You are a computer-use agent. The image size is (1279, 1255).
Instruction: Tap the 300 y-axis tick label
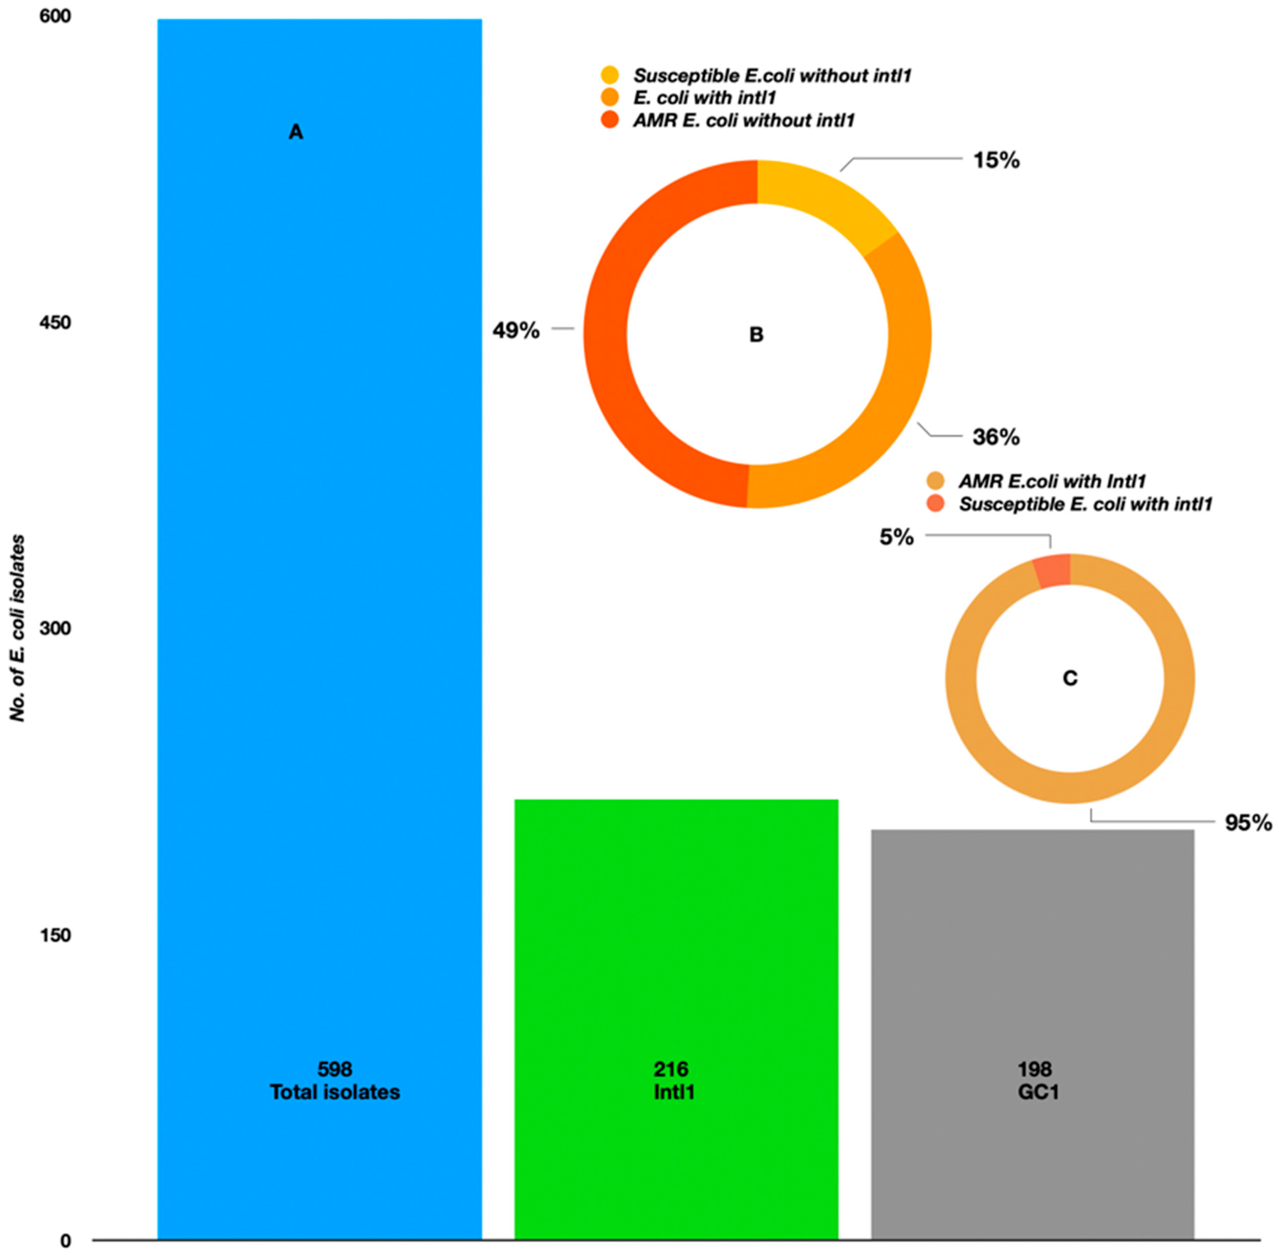pyautogui.click(x=55, y=628)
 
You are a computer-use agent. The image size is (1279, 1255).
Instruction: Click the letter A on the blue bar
pyautogui.click(x=296, y=132)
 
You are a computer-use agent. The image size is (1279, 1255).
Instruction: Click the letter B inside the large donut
pyautogui.click(x=756, y=335)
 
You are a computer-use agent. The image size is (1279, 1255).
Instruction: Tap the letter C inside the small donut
pyautogui.click(x=1070, y=678)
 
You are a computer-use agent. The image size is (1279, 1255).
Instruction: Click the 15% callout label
pyautogui.click(x=996, y=160)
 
